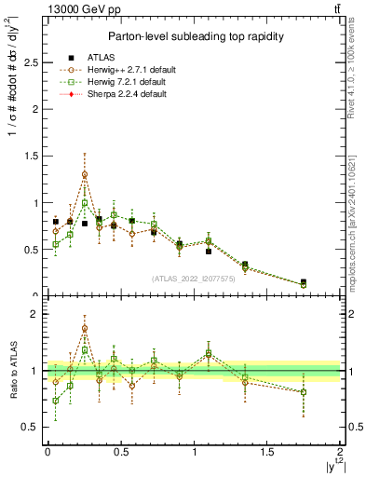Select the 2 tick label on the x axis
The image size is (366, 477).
pyautogui.click(x=340, y=452)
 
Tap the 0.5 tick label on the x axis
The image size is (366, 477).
pyautogui.click(x=120, y=452)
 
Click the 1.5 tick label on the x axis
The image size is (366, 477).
pyautogui.click(x=267, y=452)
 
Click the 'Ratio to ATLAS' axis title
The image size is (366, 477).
pyautogui.click(x=11, y=370)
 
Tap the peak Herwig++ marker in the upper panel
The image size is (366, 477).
pyautogui.click(x=85, y=174)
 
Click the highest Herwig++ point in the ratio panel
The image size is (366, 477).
pyautogui.click(x=85, y=328)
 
